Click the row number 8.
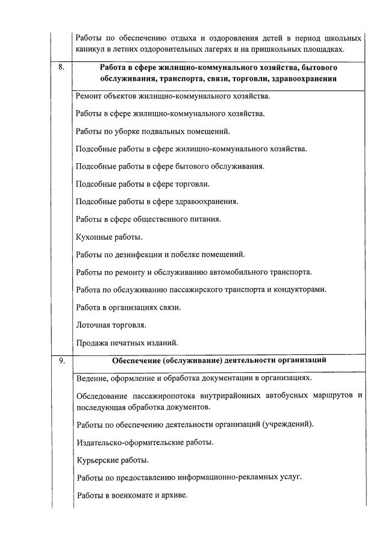tap(61, 67)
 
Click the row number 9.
tap(61, 361)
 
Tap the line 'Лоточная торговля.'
tap(111, 325)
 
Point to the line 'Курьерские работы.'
tap(113, 460)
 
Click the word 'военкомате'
tap(142, 495)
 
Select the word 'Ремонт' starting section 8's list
tap(90, 96)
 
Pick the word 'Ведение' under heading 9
tap(92, 378)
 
